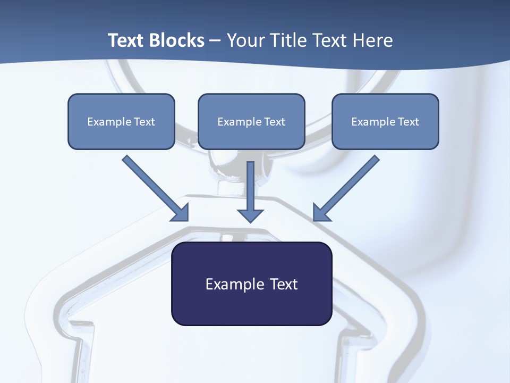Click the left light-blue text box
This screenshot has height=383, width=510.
tap(121, 136)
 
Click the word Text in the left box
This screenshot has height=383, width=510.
tap(144, 122)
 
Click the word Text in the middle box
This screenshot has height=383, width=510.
tap(275, 122)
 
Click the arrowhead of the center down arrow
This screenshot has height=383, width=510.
tap(251, 215)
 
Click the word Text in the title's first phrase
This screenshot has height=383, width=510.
tap(125, 40)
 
